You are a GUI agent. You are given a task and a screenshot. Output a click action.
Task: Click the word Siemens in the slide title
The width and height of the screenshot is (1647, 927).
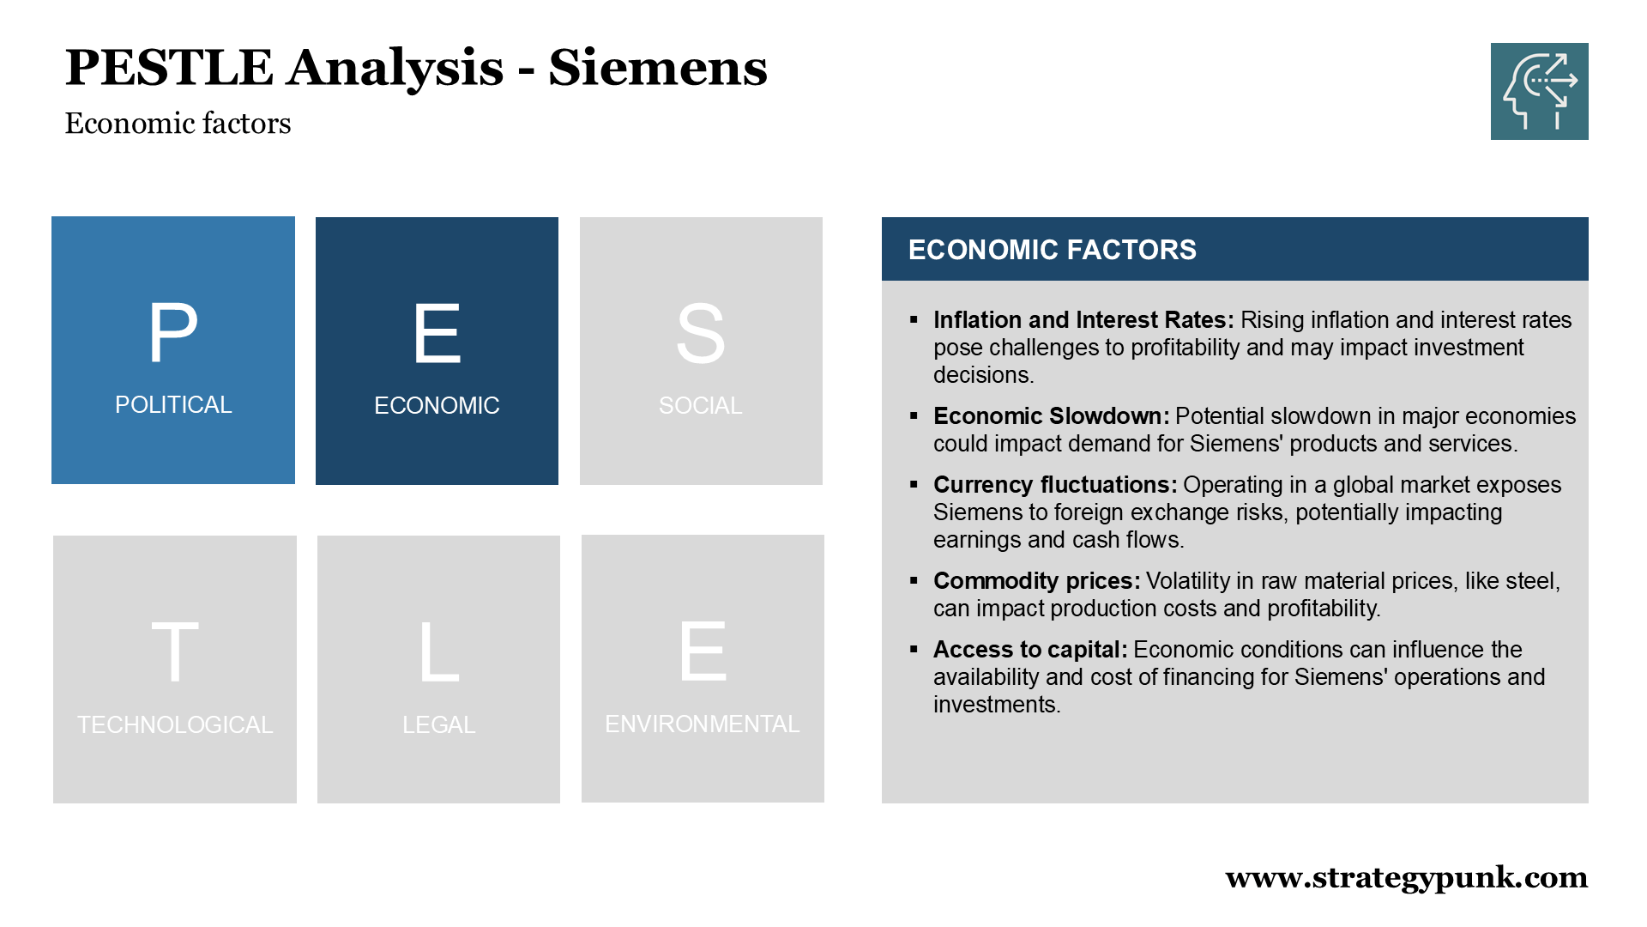[658, 67]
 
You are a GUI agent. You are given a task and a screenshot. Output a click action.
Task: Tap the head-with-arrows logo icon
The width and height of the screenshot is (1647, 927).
[1539, 91]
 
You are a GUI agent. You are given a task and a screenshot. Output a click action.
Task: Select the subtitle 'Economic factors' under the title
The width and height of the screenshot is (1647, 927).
[178, 124]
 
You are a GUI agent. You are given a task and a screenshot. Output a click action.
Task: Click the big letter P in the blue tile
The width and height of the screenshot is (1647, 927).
[173, 333]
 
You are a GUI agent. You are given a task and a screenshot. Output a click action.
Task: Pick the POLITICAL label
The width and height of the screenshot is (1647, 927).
[173, 404]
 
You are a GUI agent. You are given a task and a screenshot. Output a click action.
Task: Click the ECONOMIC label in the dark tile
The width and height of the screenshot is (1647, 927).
[437, 405]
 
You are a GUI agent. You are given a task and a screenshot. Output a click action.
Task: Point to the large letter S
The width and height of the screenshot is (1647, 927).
[701, 333]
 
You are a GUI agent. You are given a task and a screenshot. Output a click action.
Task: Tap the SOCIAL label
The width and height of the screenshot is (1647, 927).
[701, 405]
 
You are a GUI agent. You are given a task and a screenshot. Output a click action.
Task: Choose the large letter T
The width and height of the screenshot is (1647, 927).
[175, 652]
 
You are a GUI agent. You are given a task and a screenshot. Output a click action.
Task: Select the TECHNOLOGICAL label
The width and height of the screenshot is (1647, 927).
[175, 724]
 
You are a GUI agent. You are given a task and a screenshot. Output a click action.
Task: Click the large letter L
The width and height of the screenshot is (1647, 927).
[439, 652]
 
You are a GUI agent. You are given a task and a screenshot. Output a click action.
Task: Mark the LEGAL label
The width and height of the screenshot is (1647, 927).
[439, 724]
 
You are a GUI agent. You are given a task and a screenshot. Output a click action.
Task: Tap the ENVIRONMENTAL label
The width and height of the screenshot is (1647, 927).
[703, 724]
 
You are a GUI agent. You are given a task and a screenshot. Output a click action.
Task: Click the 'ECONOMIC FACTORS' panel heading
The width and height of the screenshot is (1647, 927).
[1053, 250]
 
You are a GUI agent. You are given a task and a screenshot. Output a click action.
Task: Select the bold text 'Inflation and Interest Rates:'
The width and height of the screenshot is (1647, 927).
[1083, 320]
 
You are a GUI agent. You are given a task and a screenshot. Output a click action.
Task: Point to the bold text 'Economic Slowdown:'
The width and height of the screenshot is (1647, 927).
[1052, 416]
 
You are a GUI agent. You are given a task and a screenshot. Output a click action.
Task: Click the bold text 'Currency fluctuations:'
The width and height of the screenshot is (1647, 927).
[1055, 485]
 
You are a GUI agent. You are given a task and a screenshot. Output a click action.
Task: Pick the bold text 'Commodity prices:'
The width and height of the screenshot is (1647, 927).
[1037, 581]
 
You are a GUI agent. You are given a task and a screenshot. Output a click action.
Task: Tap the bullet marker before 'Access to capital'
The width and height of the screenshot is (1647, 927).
[914, 650]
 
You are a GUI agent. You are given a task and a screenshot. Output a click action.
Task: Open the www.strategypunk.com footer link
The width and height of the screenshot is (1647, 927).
[1407, 877]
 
